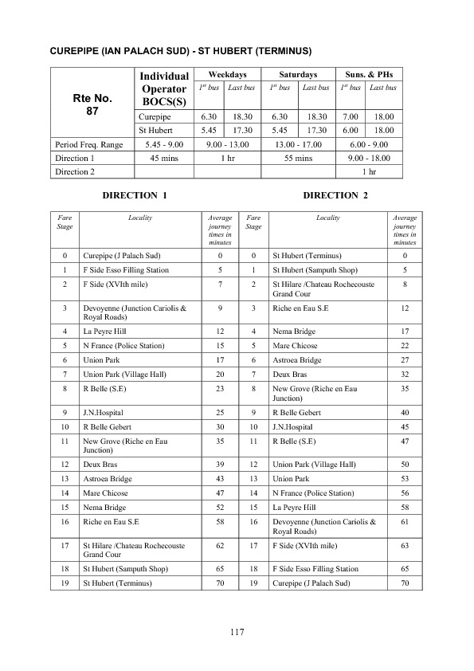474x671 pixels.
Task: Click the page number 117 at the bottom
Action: tap(236, 632)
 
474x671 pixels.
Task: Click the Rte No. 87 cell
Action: tap(92, 104)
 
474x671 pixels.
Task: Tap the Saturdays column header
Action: tap(300, 73)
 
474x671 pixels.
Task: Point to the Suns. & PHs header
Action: tap(368, 73)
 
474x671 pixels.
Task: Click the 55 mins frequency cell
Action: tap(299, 158)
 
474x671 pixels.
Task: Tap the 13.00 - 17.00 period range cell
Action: tap(299, 144)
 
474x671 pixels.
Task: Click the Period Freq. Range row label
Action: tap(89, 144)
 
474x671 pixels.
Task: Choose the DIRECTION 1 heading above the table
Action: tap(135, 195)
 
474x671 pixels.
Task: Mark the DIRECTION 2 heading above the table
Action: tap(335, 195)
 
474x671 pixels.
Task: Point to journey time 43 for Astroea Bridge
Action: tap(219, 477)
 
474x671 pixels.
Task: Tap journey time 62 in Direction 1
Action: tap(219, 546)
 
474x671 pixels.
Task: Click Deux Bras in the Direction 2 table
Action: tap(287, 372)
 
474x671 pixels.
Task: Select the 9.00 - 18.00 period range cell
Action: tap(369, 158)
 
